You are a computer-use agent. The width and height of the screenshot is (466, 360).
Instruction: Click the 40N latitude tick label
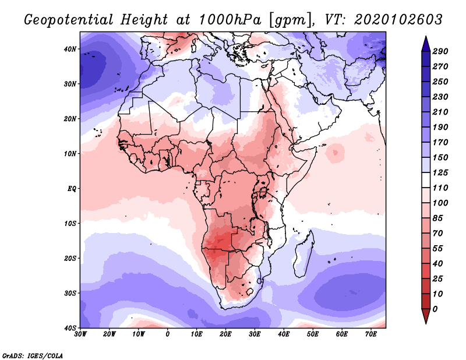70,49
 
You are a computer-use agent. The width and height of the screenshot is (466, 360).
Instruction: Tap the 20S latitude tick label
70,258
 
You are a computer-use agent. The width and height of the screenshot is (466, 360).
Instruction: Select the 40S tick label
70,328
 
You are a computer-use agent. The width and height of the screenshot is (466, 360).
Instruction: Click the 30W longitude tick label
80,334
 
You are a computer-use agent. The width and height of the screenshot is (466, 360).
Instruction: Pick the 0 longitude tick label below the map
168,334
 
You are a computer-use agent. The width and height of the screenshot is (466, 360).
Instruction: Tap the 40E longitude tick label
284,334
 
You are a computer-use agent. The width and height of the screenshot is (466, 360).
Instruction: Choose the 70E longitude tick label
371,334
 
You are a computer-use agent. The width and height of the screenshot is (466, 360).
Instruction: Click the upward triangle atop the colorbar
426,43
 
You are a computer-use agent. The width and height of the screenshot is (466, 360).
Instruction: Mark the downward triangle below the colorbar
426,317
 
